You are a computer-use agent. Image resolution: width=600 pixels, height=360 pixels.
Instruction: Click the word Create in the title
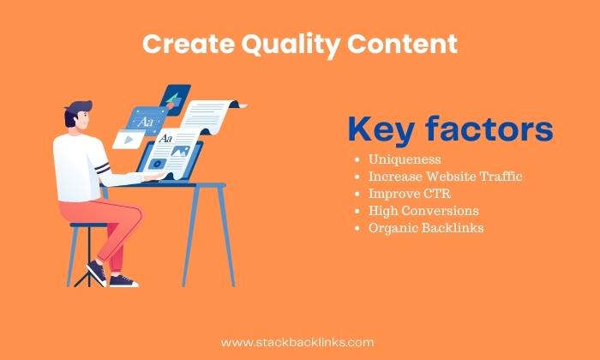(189, 44)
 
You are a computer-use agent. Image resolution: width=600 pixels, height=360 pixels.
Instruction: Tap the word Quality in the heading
(291, 45)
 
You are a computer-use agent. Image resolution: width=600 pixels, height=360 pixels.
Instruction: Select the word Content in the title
(402, 44)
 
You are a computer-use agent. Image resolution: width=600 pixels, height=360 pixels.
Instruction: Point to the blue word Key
(381, 130)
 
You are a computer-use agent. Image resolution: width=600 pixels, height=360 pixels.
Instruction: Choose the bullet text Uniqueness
(405, 159)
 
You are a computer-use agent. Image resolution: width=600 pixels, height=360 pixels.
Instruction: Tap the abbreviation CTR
(437, 194)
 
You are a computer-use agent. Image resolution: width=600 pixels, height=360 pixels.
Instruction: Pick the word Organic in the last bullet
(393, 228)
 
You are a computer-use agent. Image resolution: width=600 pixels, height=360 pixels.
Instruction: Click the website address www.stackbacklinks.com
(297, 342)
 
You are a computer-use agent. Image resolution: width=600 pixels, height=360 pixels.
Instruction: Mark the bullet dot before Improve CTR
(357, 195)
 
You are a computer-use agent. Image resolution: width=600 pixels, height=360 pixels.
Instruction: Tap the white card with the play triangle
(129, 140)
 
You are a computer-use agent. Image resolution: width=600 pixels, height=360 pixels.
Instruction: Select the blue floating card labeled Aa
(147, 121)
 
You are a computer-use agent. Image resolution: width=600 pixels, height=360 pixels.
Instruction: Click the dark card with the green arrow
(175, 99)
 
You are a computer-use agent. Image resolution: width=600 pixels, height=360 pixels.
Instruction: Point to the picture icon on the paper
(180, 151)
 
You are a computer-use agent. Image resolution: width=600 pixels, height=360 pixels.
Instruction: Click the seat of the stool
(89, 225)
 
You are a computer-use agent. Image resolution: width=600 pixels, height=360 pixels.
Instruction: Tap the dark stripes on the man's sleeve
(103, 168)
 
